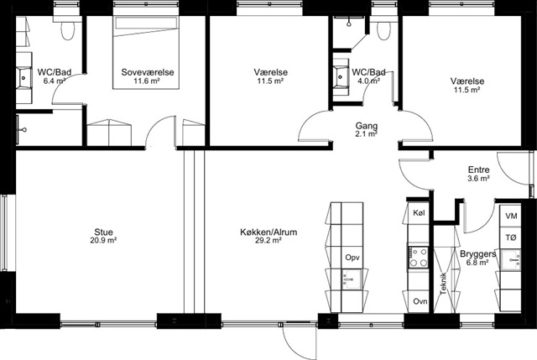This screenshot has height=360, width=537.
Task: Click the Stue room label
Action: pos(103,232)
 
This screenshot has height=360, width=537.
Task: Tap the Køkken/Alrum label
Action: pos(268,232)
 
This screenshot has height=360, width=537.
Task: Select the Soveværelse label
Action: pos(148,72)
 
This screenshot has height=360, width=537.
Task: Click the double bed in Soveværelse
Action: pos(146,52)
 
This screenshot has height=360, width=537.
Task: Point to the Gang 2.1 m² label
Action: pos(367,129)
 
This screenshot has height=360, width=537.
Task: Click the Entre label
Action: pos(479,170)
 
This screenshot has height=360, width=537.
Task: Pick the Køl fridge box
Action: pos(419,212)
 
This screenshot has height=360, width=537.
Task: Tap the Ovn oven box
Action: pos(420,301)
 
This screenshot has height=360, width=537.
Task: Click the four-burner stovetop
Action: pos(419,257)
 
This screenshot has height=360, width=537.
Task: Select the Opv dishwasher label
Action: pos(352,258)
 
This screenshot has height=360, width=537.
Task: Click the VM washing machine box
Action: pos(511,217)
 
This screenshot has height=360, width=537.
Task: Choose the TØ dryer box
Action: pos(511,237)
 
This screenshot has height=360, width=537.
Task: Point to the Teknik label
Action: pos(444,284)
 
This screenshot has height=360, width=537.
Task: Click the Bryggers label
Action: pos(477,253)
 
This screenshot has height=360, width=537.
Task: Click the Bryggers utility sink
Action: pos(511,259)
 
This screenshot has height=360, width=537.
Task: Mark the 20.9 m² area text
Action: pos(103,241)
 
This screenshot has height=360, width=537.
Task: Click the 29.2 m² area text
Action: pos(268,241)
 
